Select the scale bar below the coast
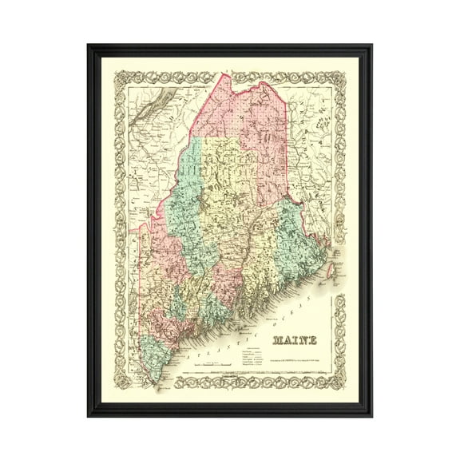pos(216,367)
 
